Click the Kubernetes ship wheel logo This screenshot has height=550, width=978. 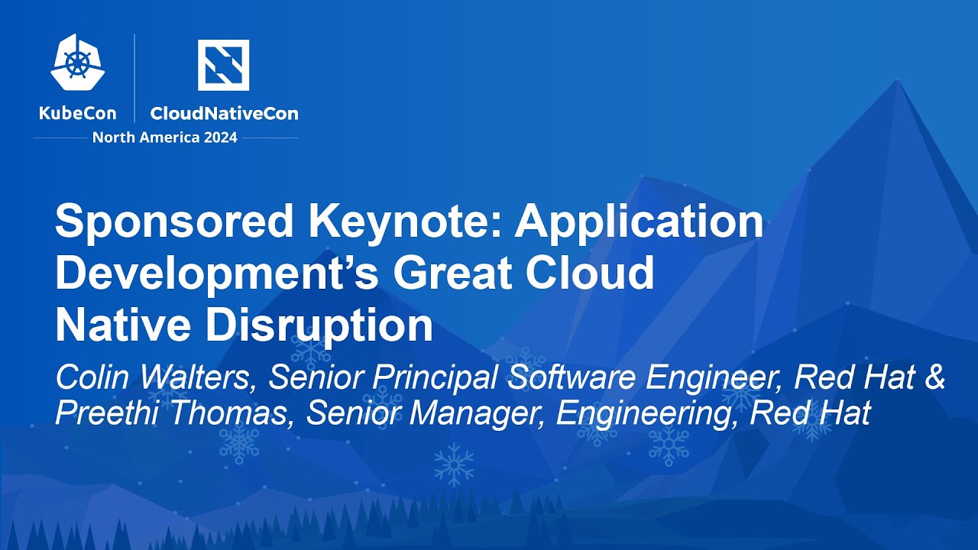point(77,62)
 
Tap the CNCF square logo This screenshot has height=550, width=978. point(223,65)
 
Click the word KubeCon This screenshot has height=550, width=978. point(77,113)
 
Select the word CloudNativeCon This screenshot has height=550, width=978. point(224,113)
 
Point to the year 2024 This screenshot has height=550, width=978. point(217,137)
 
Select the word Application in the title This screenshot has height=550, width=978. point(639,223)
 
